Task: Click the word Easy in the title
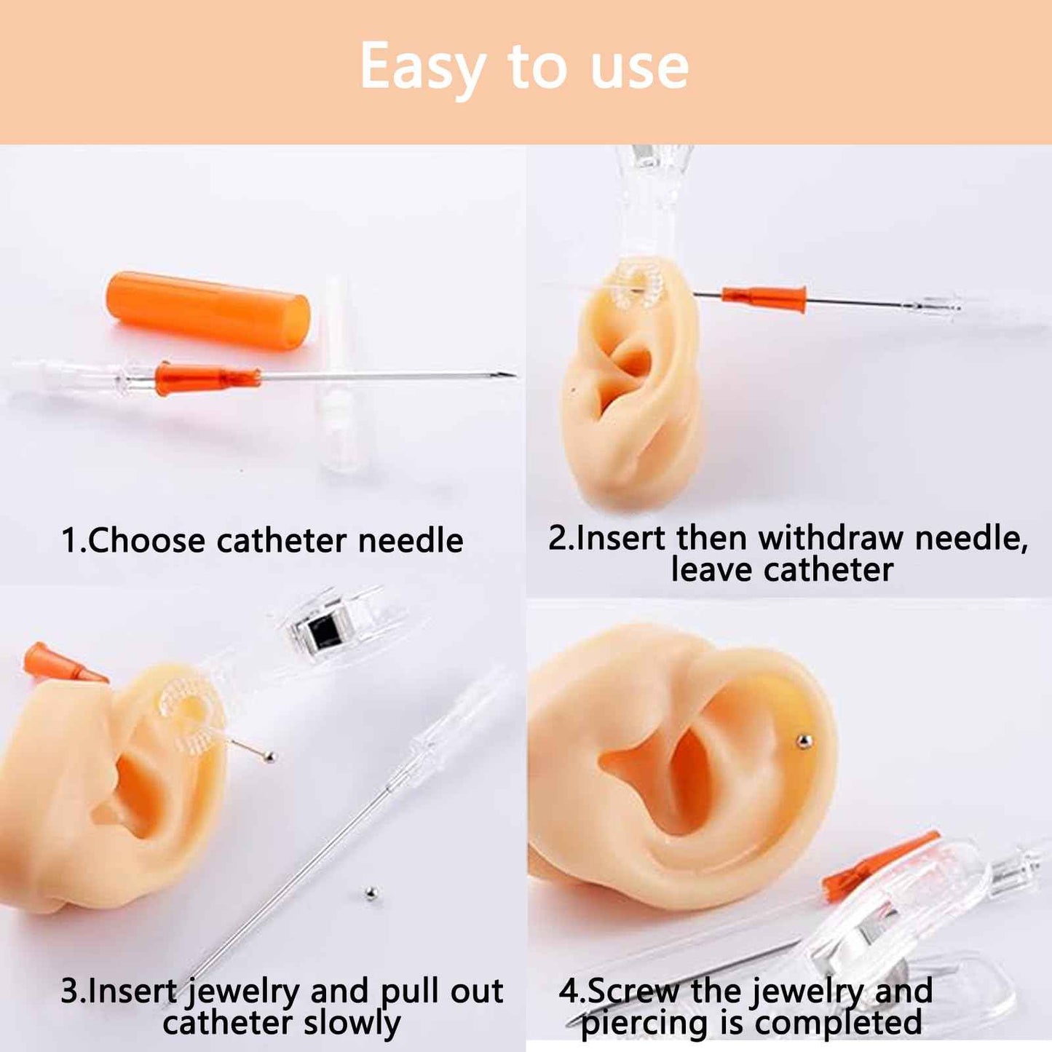[x=422, y=68]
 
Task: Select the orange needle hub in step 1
[x=207, y=378]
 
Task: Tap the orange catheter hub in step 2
[x=765, y=297]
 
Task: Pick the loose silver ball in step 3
[x=371, y=893]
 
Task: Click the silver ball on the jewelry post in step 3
[x=269, y=757]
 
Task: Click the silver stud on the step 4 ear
[x=803, y=742]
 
